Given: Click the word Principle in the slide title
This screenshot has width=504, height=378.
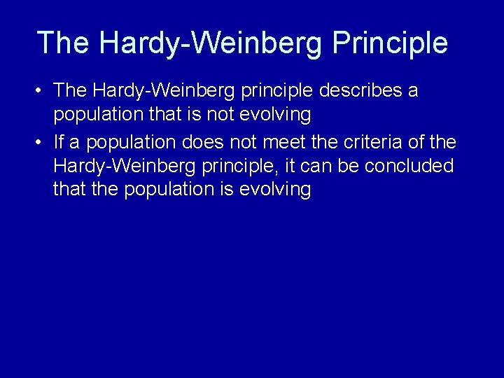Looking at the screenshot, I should tap(390, 43).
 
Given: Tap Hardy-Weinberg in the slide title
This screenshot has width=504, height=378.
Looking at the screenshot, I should tap(211, 43).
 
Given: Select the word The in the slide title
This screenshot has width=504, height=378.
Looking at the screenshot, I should tap(63, 43).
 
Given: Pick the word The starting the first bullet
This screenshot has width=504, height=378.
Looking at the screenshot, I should tap(69, 91).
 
